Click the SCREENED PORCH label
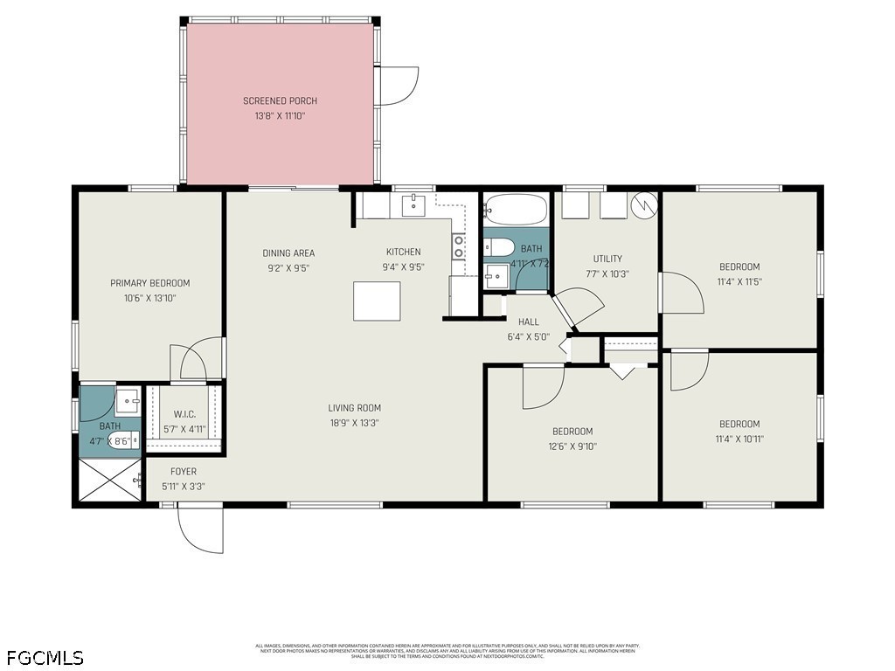tap(280, 101)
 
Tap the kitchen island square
tap(377, 301)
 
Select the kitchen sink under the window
tap(413, 205)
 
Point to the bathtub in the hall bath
tap(516, 210)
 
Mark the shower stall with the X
tap(109, 480)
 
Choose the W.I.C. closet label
tap(184, 414)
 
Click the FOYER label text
tap(184, 472)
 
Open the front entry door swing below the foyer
tap(200, 529)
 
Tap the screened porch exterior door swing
tap(398, 87)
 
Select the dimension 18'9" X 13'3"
tap(354, 423)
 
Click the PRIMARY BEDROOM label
tap(149, 283)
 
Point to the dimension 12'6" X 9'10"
tap(572, 446)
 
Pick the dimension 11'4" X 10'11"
tap(739, 439)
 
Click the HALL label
tap(528, 322)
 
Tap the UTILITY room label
tap(607, 259)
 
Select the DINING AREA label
tap(288, 253)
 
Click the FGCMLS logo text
tap(45, 656)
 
